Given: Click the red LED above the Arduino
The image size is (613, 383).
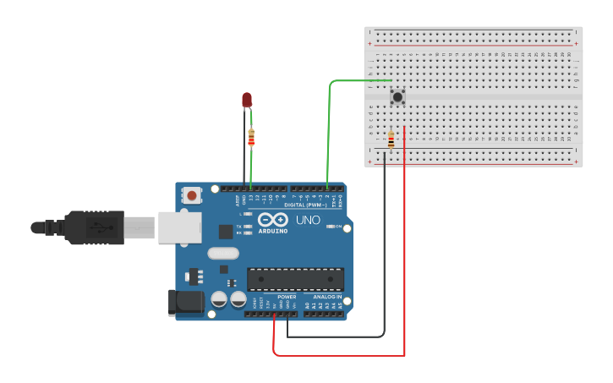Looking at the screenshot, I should (x=247, y=101).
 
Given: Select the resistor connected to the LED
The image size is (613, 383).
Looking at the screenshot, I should (x=251, y=137).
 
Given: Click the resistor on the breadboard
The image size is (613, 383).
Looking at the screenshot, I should (x=391, y=140).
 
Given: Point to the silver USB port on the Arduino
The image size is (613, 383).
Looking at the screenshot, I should (x=180, y=227).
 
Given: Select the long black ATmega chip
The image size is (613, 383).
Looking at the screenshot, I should (x=295, y=279).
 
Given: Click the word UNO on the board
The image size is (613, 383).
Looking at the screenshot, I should (x=308, y=221).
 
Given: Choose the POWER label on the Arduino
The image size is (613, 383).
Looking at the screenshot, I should (x=287, y=297).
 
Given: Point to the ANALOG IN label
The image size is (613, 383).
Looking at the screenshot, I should (x=328, y=297).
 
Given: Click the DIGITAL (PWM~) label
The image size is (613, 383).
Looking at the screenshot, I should (x=307, y=205).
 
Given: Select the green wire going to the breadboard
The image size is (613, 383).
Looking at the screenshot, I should (x=329, y=127).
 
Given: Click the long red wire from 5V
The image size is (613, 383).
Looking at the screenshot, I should (x=404, y=254).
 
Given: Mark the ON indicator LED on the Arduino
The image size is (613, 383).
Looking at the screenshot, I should (x=331, y=227).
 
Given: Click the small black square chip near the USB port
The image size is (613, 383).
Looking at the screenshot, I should (x=225, y=231).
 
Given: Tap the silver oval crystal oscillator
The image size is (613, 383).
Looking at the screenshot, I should (x=223, y=253).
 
